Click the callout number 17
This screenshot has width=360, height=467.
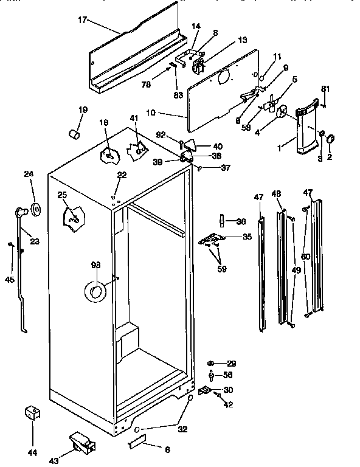(82, 20)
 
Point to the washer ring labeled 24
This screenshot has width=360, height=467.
(35, 210)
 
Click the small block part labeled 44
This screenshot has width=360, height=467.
(32, 413)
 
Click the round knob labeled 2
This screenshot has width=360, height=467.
(331, 141)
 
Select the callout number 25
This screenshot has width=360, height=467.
(62, 195)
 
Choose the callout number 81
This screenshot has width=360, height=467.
(325, 89)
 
